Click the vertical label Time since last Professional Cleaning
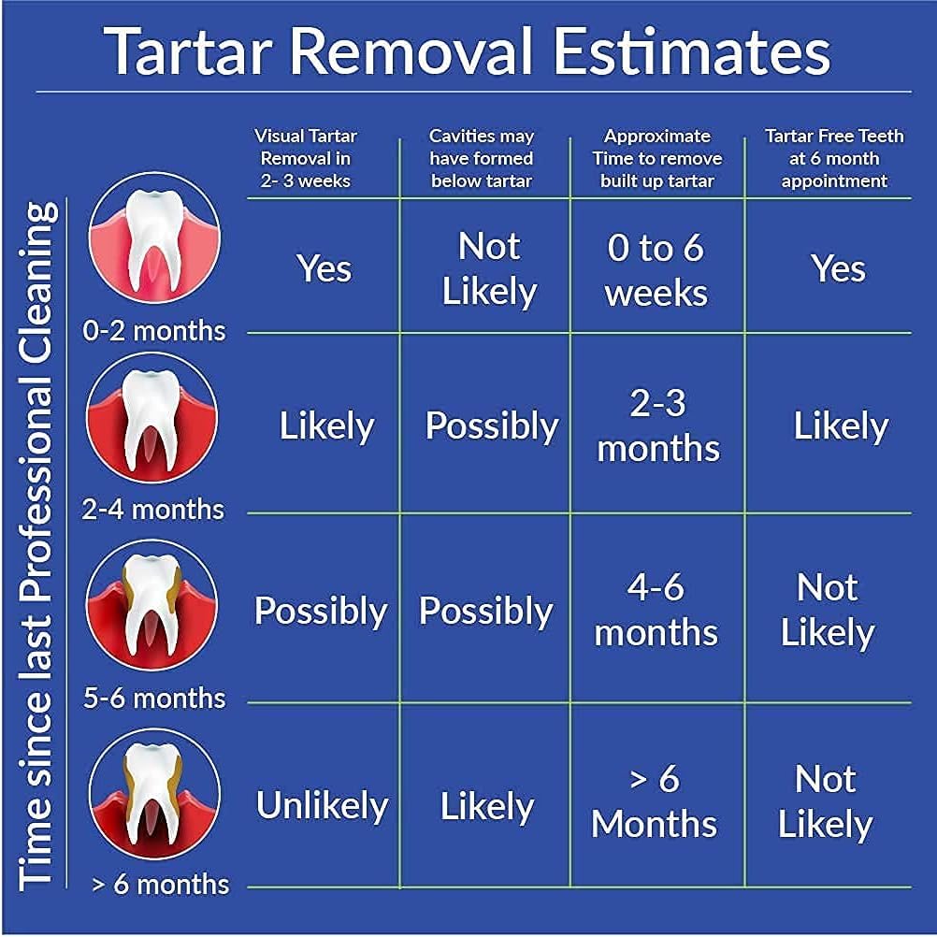tap(37, 542)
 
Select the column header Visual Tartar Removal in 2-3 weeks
tap(305, 158)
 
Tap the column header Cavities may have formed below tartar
tap(482, 158)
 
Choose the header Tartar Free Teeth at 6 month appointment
tap(834, 158)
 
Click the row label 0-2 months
tap(154, 330)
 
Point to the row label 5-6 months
tap(154, 698)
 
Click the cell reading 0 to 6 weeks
tap(656, 270)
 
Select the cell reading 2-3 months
tap(657, 425)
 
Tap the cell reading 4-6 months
tap(656, 610)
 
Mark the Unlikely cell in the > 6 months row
tap(322, 806)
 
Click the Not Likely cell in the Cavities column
tap(488, 269)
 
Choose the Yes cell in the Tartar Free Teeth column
tap(838, 269)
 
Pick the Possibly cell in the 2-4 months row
tap(491, 426)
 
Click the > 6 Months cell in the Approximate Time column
tap(655, 801)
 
